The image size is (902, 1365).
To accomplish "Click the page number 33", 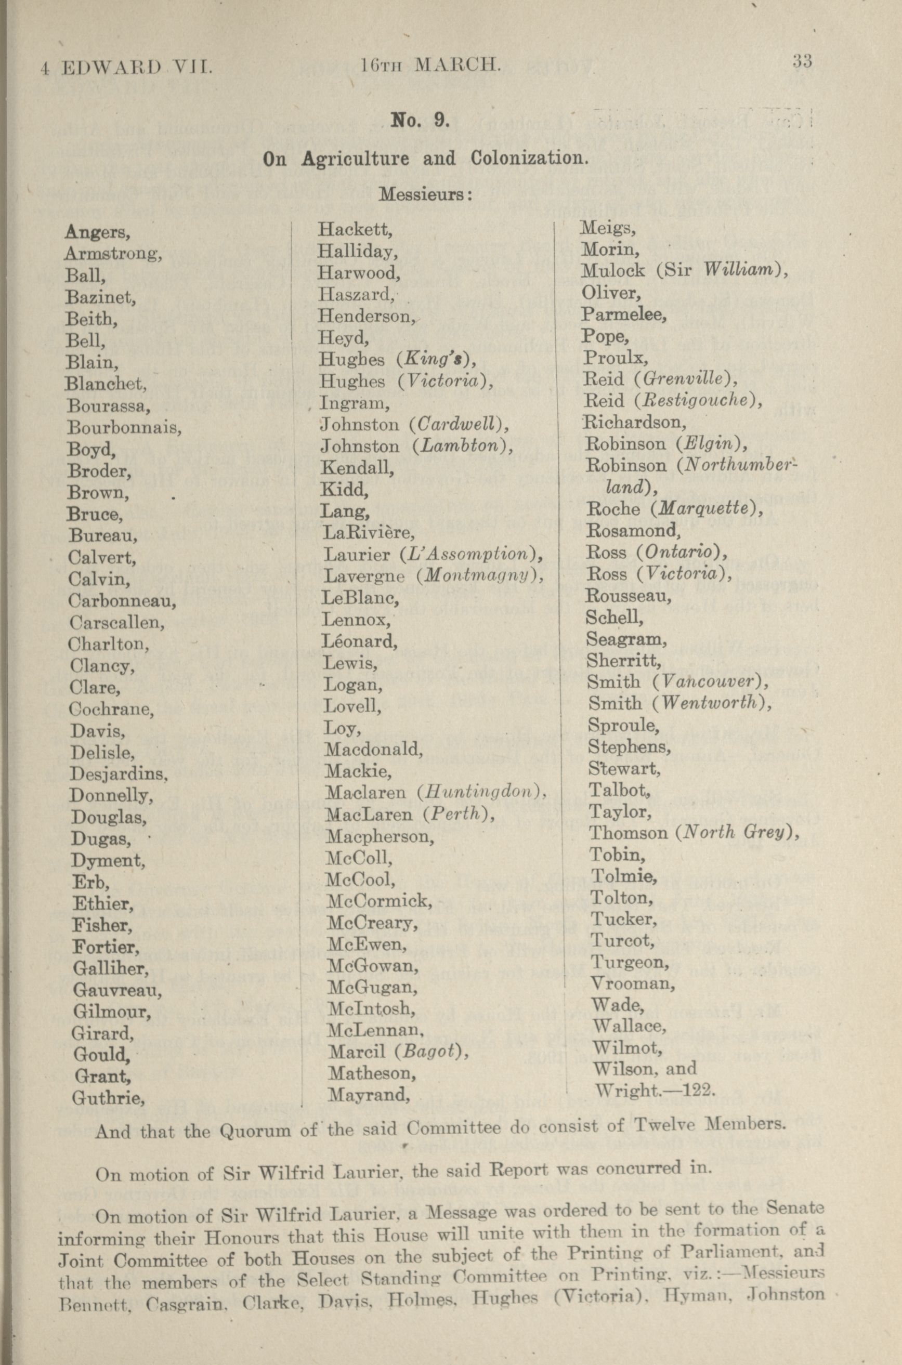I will pos(801,61).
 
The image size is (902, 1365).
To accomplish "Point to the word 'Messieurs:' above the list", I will pos(426,194).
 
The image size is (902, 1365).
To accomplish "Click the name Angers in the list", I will pos(97,232).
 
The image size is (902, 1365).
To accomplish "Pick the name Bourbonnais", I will pos(124,427).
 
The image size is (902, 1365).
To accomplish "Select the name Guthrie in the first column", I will pos(108,1098).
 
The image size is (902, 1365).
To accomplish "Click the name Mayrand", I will pos(368,1094).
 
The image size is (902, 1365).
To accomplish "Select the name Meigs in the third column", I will pos(607,229).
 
